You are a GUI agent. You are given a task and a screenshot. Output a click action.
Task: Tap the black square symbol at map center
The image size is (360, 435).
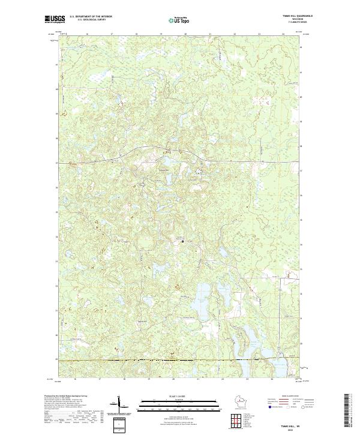183,241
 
